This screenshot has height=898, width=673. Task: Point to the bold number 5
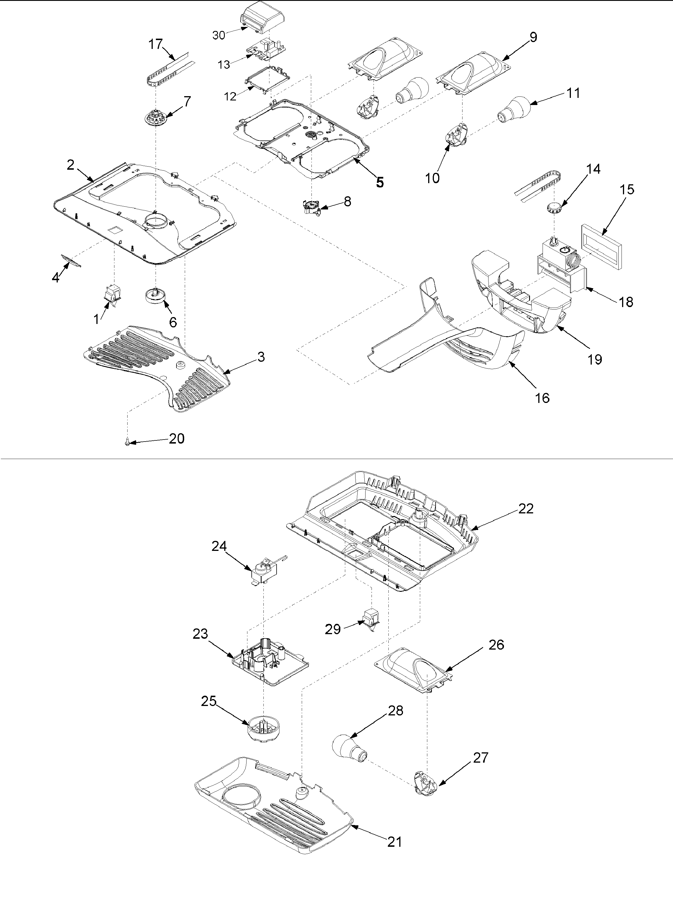pyautogui.click(x=379, y=183)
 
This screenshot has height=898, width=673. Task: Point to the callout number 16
pyautogui.click(x=542, y=398)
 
